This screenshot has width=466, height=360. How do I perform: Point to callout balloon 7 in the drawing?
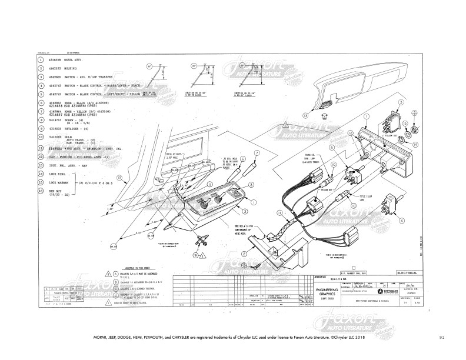(x=257, y=152)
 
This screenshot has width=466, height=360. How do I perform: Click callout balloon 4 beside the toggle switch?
(x=402, y=221)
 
